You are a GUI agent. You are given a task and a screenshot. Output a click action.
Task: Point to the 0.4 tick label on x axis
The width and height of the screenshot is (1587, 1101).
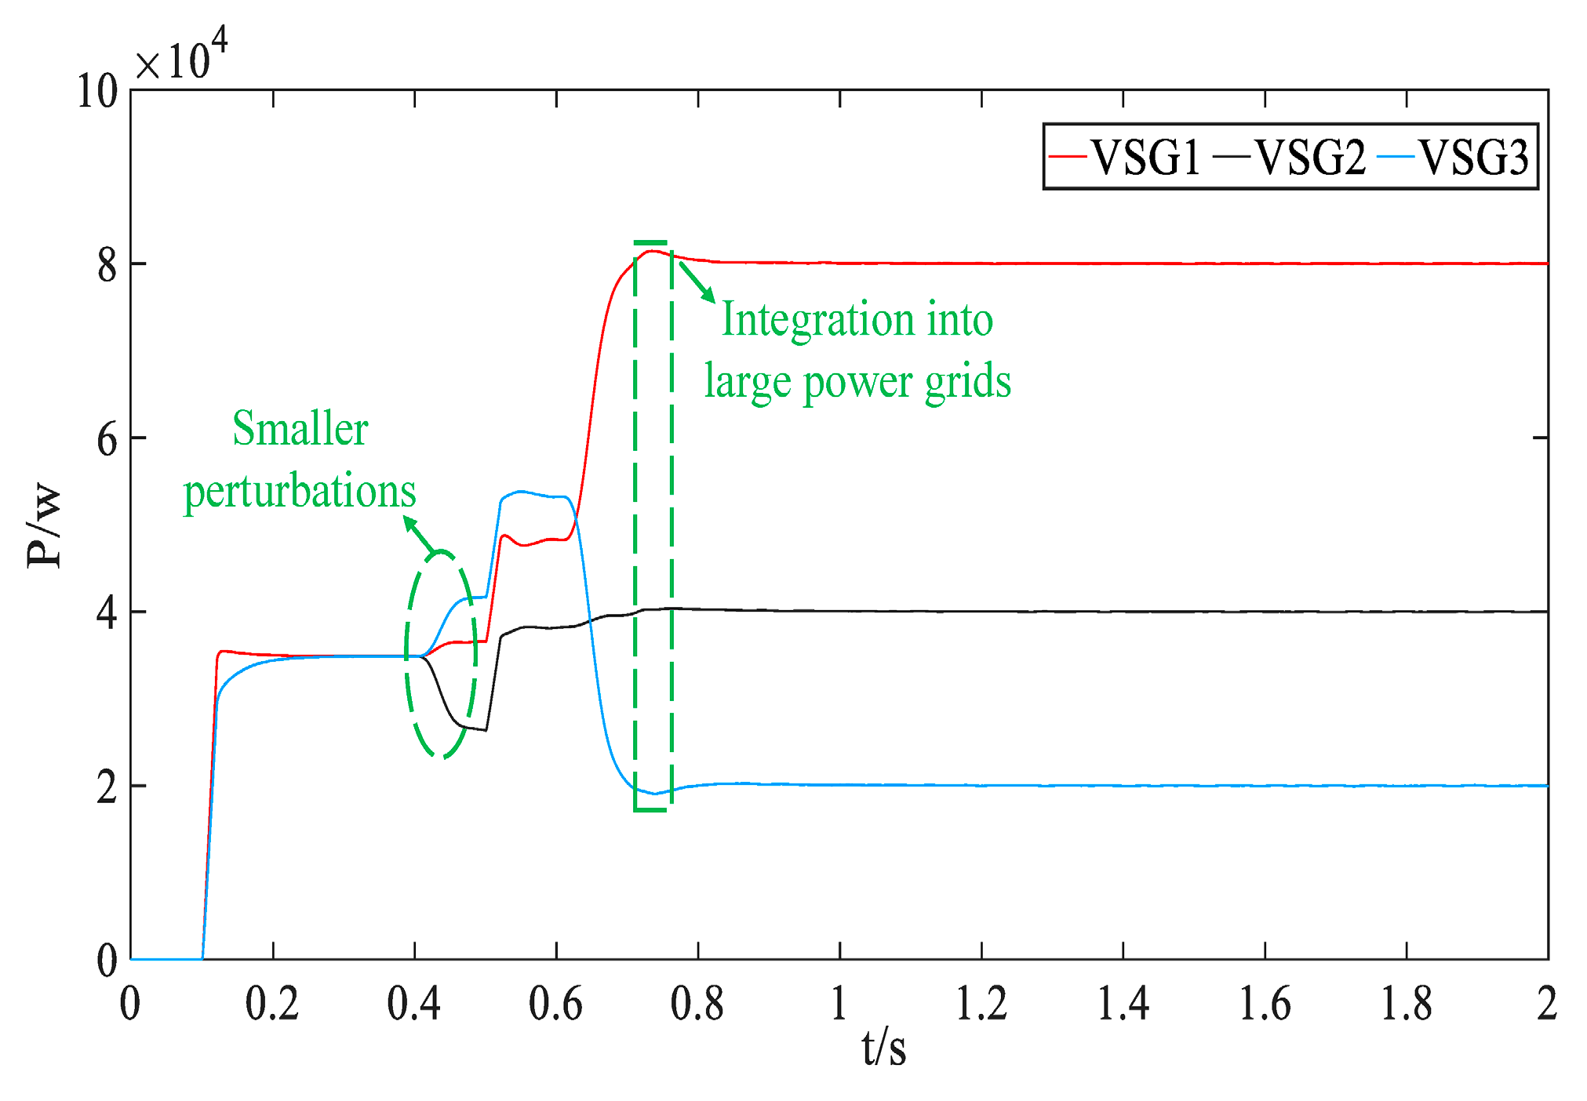[x=413, y=1003]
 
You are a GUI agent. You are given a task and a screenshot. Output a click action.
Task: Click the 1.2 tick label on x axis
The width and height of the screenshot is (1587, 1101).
[x=981, y=1003]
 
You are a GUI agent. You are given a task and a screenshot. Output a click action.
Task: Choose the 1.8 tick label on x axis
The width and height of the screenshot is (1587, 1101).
[x=1406, y=1003]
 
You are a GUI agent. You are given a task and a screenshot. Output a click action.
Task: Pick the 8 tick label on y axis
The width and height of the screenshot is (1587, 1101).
[x=107, y=265]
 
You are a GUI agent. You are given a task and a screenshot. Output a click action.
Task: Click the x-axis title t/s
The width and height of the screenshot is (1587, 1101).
[x=883, y=1048]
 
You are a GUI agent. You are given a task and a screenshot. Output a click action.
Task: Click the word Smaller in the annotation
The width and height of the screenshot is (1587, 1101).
[x=300, y=430]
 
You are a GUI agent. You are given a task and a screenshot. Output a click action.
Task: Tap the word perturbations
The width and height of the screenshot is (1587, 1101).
[x=300, y=492]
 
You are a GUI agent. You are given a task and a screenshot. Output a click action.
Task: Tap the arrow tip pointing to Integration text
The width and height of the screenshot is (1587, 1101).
[x=713, y=300]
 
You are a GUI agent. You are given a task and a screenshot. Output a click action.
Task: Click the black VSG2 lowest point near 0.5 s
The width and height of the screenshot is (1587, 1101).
[x=486, y=730]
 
